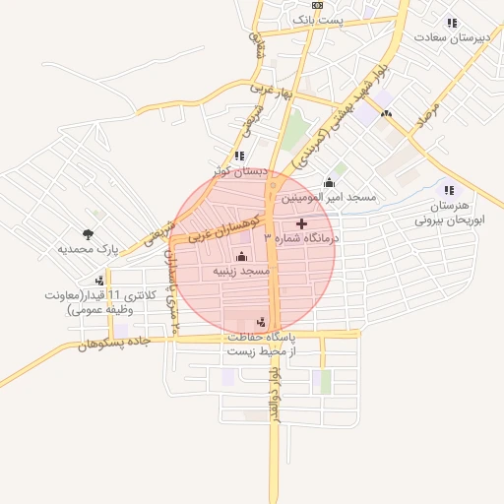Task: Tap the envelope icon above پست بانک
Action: [317, 5]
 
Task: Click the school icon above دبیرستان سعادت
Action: [451, 23]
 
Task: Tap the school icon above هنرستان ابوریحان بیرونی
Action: [449, 190]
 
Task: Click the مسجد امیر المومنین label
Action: [330, 198]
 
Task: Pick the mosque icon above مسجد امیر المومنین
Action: [329, 183]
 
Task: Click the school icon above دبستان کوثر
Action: [239, 156]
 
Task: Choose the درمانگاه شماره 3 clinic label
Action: [301, 238]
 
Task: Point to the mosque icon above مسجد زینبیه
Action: [242, 256]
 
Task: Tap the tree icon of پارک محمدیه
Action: [89, 234]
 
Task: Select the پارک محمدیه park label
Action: [87, 250]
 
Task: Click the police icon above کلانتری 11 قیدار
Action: [100, 281]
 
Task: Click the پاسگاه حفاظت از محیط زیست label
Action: [263, 344]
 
